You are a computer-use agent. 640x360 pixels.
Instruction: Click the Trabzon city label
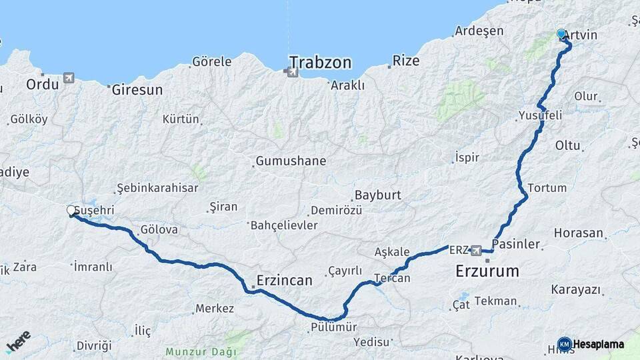(320, 63)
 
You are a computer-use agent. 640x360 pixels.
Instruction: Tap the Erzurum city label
(487, 271)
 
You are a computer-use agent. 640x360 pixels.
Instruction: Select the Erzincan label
(285, 281)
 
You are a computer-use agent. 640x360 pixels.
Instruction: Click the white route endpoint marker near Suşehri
(71, 211)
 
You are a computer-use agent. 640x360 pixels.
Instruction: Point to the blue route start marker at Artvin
(561, 33)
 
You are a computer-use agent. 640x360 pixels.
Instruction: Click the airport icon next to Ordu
(68, 79)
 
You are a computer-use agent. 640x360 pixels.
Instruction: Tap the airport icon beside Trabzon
(293, 71)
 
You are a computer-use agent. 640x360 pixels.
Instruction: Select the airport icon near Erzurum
(475, 251)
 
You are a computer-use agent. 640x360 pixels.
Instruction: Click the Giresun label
(137, 89)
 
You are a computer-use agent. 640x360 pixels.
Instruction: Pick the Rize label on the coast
(406, 61)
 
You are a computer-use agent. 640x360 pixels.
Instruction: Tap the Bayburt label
(377, 195)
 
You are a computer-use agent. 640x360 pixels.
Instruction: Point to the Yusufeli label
(540, 115)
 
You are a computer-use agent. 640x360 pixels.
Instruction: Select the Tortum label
(547, 188)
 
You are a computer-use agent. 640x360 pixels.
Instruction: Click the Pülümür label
(334, 327)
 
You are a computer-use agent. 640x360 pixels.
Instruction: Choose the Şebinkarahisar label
(157, 188)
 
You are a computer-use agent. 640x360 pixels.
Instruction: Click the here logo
(18, 341)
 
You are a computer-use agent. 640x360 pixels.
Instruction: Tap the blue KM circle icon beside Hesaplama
(565, 344)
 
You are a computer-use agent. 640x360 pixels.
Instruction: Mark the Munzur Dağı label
(201, 351)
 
